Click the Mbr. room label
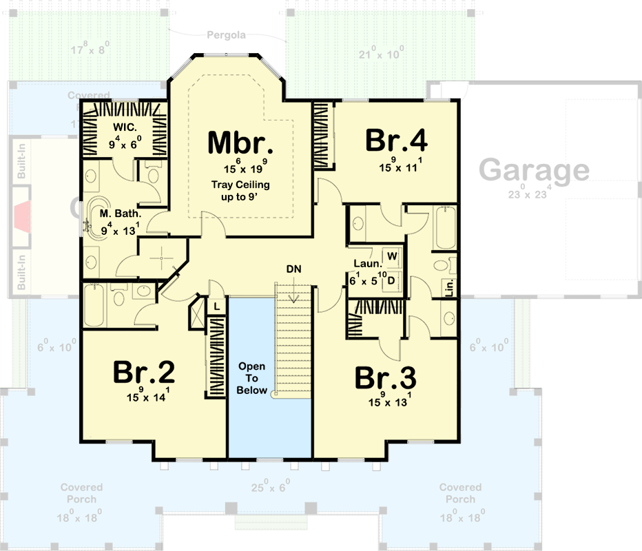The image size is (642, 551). (240, 143)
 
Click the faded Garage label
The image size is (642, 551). (534, 169)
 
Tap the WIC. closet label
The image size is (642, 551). (124, 128)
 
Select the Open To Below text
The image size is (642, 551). (251, 378)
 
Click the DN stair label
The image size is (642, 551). (295, 268)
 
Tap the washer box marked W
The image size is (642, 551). (391, 256)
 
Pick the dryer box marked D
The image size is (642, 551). (391, 280)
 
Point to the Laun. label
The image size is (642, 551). (364, 263)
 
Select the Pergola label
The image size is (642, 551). (227, 34)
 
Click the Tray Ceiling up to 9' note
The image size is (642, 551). (240, 190)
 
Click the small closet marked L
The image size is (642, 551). (216, 306)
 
